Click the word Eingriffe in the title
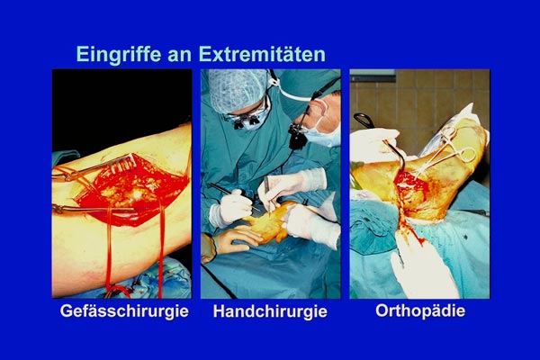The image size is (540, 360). [119, 54]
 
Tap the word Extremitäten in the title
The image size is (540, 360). [262, 54]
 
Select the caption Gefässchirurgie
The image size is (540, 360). [124, 311]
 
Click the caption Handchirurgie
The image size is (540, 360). [270, 311]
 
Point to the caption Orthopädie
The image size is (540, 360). [420, 310]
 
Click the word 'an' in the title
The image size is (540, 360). [180, 55]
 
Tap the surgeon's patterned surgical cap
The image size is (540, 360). [238, 89]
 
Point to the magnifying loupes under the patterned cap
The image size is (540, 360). [245, 121]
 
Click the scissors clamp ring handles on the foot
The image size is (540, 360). [458, 145]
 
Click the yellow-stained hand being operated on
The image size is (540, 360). [268, 222]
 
